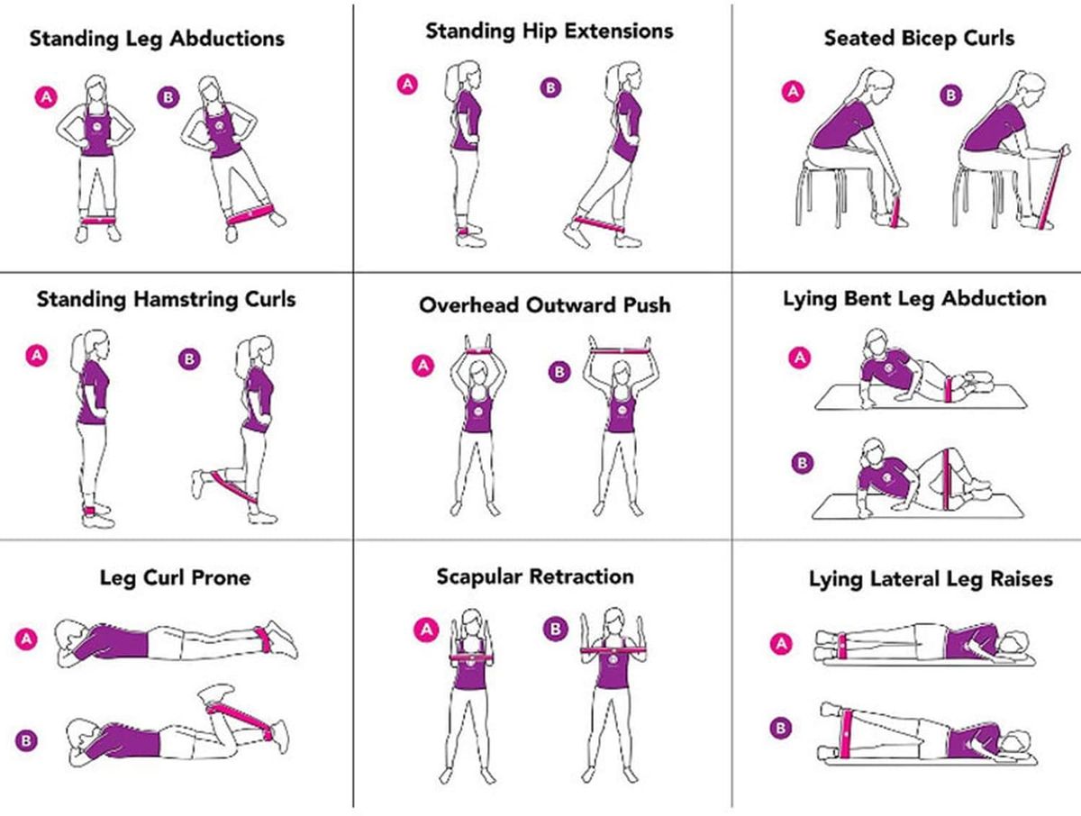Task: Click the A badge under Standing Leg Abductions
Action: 46,97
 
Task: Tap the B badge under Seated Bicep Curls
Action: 951,95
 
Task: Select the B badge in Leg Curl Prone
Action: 27,740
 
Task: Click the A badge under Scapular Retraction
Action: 426,630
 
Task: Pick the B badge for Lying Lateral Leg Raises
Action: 781,728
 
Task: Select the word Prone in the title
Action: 220,578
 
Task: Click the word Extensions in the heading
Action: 619,31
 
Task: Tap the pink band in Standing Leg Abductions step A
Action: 97,221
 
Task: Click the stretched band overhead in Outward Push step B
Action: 620,351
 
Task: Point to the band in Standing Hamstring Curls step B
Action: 233,485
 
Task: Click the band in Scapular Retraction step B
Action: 613,650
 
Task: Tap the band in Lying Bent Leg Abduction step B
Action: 946,480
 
